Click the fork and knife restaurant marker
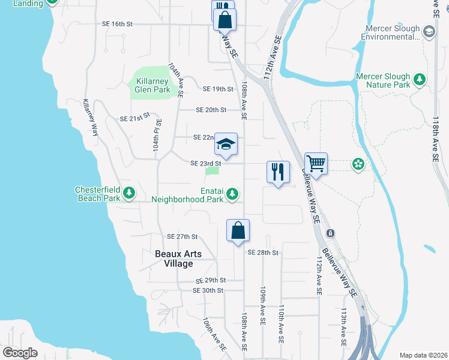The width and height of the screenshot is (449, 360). click(278, 172)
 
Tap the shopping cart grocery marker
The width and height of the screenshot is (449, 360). click(316, 163)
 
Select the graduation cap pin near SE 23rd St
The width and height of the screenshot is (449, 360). click(226, 145)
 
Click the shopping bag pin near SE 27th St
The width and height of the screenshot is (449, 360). click(238, 230)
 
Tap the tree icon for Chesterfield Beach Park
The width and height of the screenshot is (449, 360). click(129, 193)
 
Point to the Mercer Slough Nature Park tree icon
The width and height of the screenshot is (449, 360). click(420, 79)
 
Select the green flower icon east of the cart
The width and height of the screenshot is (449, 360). click(358, 163)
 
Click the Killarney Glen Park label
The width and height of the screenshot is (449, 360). click(153, 85)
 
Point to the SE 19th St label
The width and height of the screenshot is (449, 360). click(218, 89)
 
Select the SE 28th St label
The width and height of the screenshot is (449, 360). click(263, 253)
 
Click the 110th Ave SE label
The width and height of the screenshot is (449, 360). click(280, 323)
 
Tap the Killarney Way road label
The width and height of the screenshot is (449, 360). click(91, 118)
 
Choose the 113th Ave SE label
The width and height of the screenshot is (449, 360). click(344, 328)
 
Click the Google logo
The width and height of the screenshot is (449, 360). click(20, 352)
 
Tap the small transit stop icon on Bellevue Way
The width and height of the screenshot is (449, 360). click(330, 233)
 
